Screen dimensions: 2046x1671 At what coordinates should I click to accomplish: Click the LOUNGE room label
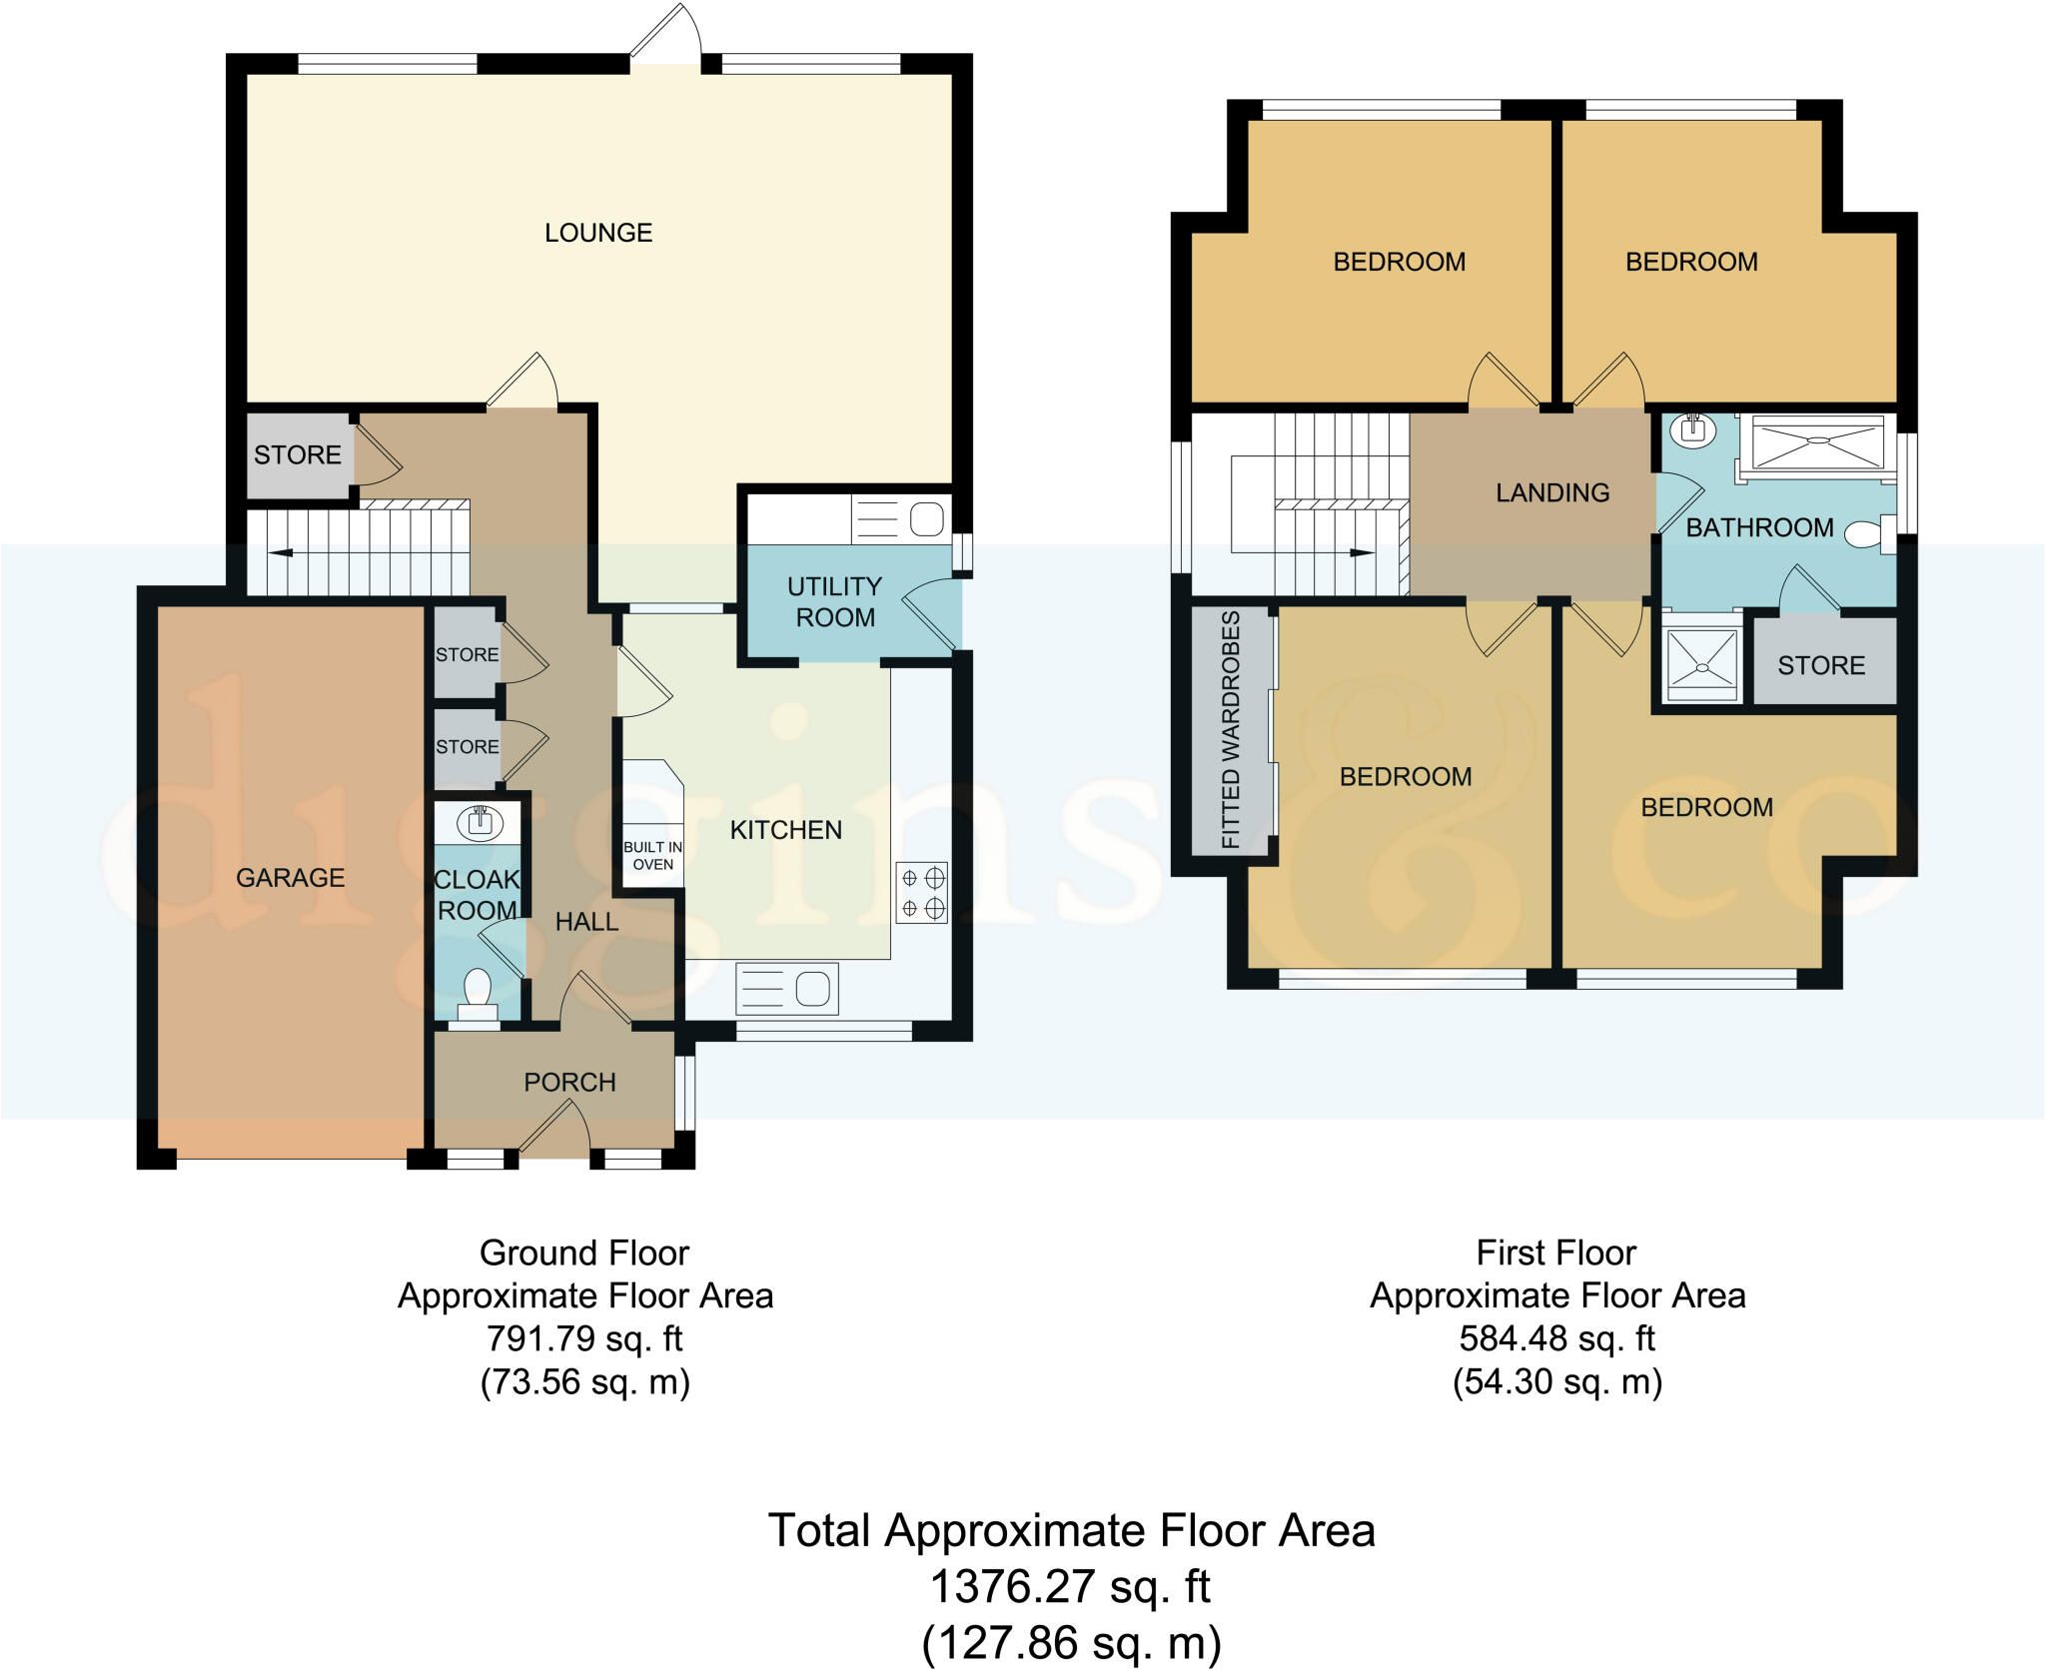click(598, 233)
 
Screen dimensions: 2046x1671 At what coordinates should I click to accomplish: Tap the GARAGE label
click(290, 878)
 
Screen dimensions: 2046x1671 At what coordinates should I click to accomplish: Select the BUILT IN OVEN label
click(653, 856)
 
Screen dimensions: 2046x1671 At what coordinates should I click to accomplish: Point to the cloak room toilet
click(478, 993)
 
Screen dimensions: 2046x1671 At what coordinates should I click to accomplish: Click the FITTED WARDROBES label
click(1231, 730)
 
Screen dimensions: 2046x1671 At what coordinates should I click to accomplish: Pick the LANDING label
click(1552, 492)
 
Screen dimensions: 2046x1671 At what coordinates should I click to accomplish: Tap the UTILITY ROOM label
click(834, 602)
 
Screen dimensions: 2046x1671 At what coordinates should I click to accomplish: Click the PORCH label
click(570, 1083)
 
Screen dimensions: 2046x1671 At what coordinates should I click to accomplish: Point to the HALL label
click(587, 922)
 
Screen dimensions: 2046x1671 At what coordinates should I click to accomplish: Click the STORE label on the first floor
click(1821, 666)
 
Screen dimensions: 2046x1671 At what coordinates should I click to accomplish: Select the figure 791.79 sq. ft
click(584, 1338)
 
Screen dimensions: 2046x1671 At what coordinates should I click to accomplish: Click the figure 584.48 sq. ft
click(1557, 1338)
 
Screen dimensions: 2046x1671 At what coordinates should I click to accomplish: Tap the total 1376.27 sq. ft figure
click(1071, 1586)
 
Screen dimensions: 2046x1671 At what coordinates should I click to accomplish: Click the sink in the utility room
click(928, 519)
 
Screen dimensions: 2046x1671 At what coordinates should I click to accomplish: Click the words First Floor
click(1556, 1253)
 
